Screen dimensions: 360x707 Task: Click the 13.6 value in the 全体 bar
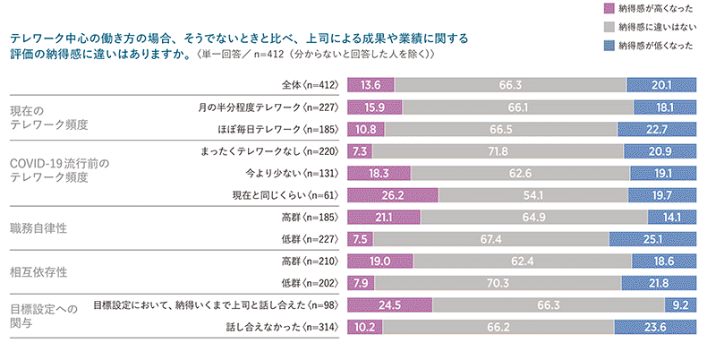[x=371, y=85]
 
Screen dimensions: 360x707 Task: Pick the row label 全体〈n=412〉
[x=307, y=85]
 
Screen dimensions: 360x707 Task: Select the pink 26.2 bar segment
[x=393, y=195]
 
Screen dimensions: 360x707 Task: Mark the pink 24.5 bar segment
[x=390, y=305]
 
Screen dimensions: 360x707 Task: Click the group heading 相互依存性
[x=38, y=271]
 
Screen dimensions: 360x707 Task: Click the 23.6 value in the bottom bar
[x=659, y=328]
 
